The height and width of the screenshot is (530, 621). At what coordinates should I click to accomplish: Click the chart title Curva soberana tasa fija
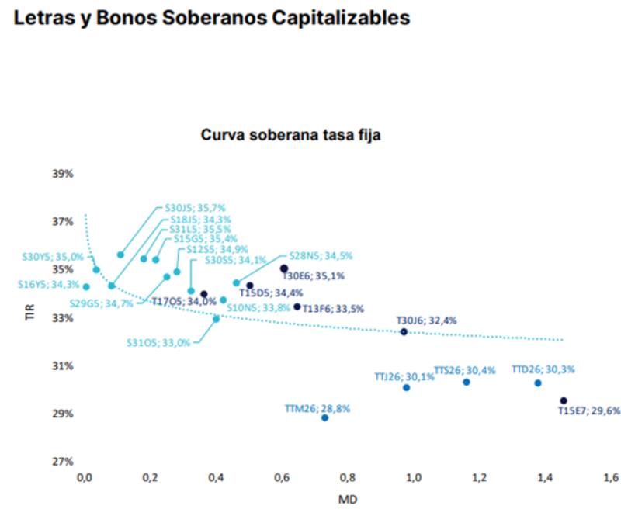point(290,135)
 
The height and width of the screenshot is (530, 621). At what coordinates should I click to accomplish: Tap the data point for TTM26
point(324,417)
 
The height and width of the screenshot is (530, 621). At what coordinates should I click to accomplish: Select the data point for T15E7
point(564,400)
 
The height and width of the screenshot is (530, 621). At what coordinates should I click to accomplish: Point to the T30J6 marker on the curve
point(404,332)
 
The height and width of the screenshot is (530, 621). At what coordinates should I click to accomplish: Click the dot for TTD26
point(537,383)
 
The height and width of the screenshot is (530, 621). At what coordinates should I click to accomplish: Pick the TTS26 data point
point(467,382)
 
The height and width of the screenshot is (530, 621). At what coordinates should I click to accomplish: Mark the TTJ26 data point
point(406,387)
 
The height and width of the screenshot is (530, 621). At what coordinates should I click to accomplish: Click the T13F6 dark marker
point(297,307)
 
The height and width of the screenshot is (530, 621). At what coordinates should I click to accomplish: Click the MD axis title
point(348,500)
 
